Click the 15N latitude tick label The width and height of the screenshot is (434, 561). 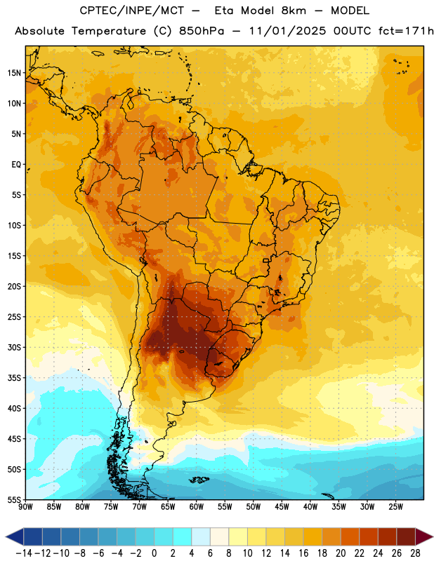pos(14,73)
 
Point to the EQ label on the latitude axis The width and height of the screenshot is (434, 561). pos(16,165)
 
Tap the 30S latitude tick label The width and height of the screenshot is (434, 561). pos(14,347)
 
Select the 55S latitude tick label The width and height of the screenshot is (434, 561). pos(14,499)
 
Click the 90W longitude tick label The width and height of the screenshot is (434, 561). pos(25,507)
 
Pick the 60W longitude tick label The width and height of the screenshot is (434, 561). pos(197,507)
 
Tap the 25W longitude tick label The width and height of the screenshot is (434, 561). pos(395,507)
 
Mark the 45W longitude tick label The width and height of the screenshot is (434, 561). pos(282,507)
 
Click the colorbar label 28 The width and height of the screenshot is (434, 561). pos(415,553)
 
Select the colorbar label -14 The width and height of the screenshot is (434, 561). pos(25,553)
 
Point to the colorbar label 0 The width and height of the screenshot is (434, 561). pos(154,553)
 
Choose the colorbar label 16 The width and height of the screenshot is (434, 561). pos(303,553)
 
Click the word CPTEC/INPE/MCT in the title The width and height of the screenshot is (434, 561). pos(132,11)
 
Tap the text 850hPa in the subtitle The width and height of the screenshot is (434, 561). pos(202,31)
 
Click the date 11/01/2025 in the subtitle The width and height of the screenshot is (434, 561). pos(288,31)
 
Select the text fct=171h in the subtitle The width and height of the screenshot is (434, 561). pos(406,31)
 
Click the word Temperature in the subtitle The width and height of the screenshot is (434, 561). pos(109,31)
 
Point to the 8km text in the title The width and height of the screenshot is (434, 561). pos(294,11)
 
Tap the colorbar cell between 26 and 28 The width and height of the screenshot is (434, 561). pos(406,537)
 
